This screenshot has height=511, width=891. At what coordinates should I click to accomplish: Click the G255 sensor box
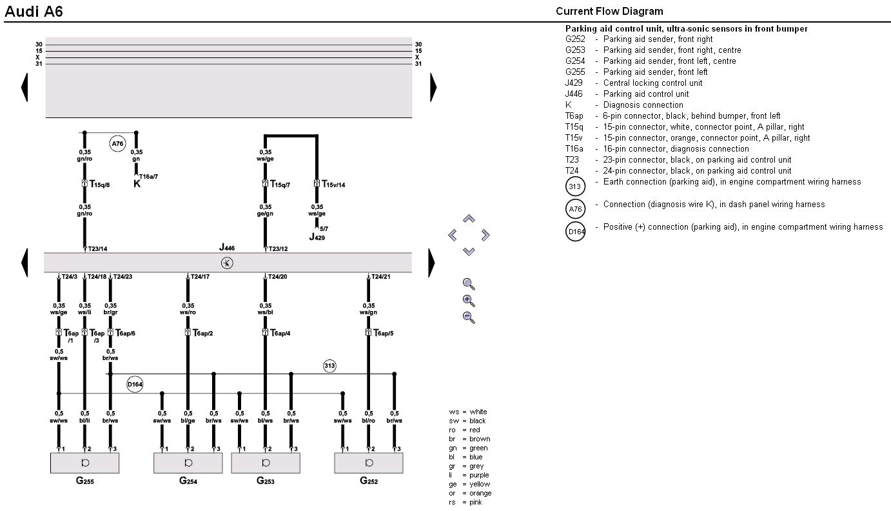84,463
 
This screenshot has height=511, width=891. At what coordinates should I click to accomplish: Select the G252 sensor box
369,463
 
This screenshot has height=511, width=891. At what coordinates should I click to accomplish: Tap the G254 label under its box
188,481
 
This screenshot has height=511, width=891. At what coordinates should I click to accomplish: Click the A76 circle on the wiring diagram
117,144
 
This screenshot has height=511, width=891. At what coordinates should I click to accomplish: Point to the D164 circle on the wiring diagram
135,385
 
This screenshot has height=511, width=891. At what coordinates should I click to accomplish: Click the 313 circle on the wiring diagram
329,366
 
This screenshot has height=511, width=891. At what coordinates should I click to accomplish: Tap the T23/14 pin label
98,249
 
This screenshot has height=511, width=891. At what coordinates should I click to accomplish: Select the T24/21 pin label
381,277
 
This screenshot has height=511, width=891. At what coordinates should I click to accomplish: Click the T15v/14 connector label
333,185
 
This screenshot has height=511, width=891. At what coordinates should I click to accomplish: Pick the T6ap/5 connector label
384,333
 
